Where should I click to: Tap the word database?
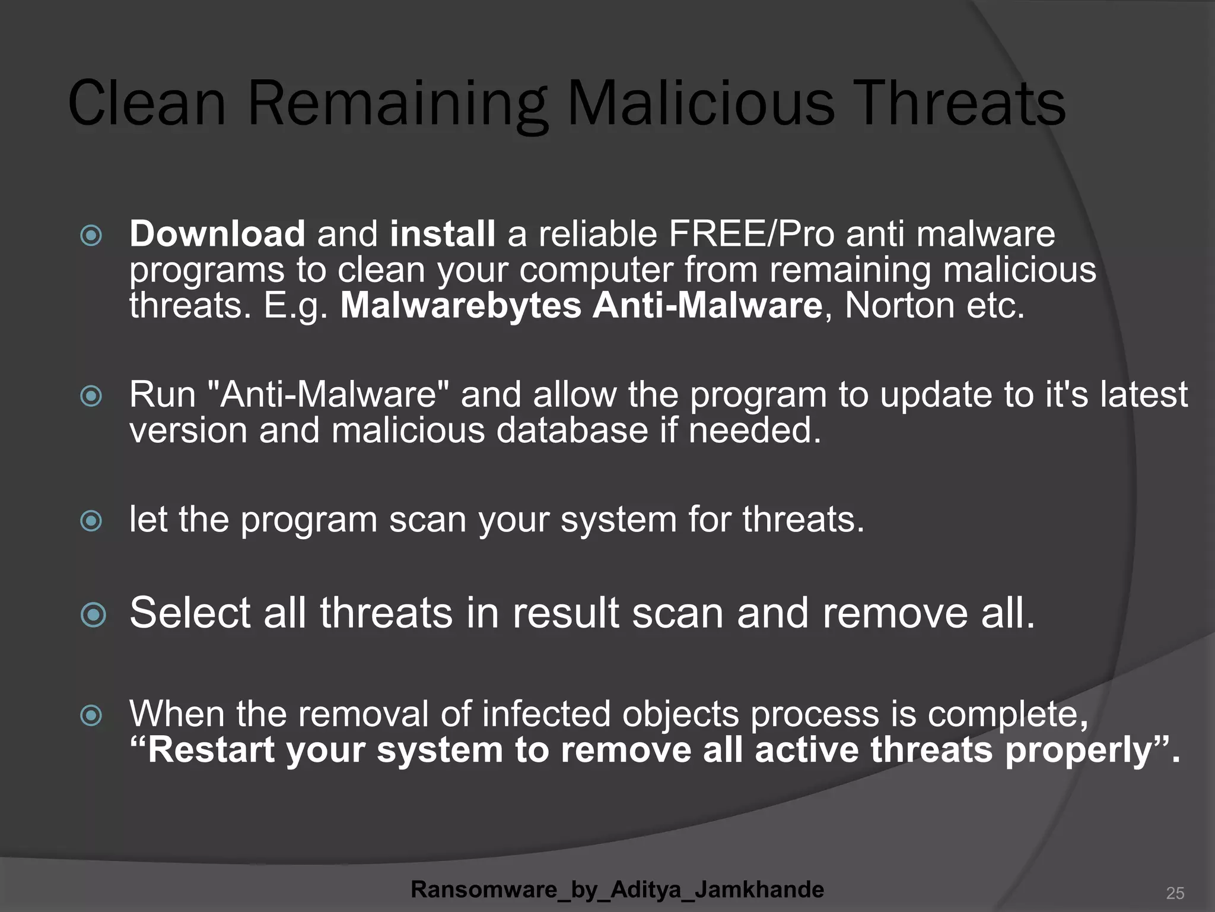click(x=572, y=430)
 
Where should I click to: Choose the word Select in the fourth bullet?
click(x=190, y=613)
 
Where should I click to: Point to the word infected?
click(x=546, y=714)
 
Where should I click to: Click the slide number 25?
click(x=1175, y=892)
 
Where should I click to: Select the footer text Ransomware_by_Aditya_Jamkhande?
click(x=617, y=889)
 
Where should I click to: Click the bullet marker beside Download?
click(x=91, y=236)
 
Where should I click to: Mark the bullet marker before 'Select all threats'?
click(x=93, y=615)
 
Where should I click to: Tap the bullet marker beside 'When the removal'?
click(x=91, y=715)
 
